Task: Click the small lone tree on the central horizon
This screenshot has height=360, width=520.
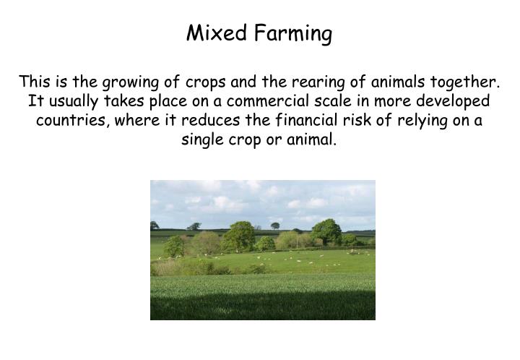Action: pos(275,226)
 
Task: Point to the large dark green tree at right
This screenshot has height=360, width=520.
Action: pos(326,231)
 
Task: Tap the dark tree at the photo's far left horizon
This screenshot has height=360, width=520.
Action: pos(155,226)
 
